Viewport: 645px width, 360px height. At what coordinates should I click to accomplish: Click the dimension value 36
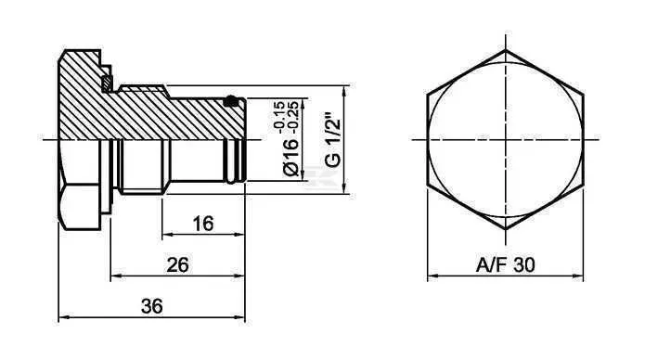coord(152,306)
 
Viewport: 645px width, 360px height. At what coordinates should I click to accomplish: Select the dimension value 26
coord(177,264)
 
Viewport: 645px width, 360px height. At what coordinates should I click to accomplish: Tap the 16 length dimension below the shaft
coord(203,224)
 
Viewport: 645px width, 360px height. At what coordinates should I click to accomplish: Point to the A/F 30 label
coord(505,264)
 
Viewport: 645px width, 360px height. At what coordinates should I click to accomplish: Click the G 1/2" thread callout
coord(333,139)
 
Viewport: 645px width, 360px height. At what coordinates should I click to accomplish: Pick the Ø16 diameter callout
coord(290,157)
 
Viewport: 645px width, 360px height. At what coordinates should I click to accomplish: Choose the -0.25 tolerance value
coord(293,117)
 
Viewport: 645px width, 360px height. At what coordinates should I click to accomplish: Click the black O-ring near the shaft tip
coord(231,100)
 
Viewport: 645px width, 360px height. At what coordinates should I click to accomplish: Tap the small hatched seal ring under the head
coord(107,84)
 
